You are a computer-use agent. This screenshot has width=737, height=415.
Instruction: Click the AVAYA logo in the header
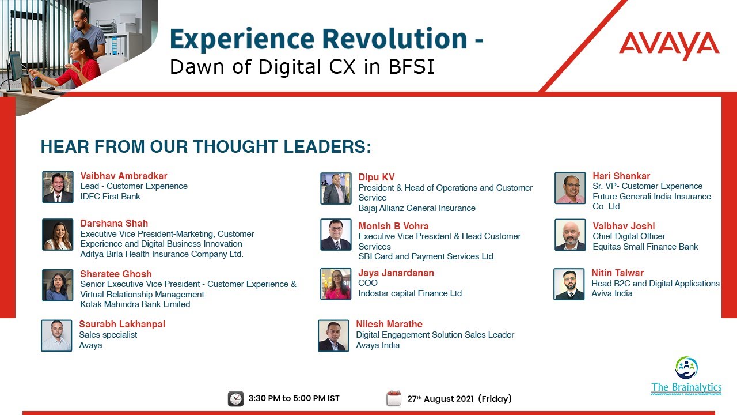coord(669,46)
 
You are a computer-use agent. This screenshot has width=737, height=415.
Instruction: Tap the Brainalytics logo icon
coord(686,368)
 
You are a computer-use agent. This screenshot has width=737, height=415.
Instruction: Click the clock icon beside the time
coord(235,398)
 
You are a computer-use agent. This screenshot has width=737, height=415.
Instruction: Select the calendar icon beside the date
coord(394,398)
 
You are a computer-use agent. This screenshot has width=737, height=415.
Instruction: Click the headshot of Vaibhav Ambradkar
coord(58,187)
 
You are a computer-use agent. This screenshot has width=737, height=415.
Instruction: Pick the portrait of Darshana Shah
coord(58,235)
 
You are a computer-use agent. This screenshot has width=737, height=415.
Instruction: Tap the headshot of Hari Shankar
coord(570,188)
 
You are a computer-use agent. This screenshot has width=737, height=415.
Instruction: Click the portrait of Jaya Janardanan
coord(336,284)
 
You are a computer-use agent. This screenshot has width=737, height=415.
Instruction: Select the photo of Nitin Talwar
coord(569,284)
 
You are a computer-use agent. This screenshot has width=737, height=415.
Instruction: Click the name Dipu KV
coord(377,177)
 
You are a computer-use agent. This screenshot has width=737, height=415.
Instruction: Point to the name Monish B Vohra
coord(393,226)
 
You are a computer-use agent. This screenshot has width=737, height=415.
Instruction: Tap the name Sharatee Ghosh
coord(115,274)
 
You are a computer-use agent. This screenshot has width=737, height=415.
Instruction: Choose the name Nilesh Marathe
coord(389,324)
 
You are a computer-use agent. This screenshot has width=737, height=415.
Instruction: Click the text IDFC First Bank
coord(111,197)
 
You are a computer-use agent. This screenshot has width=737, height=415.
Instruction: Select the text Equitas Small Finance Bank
coord(645,247)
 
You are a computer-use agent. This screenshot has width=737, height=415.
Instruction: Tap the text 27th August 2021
coord(440,399)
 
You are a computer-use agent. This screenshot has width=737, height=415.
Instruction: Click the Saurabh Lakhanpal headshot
coord(56,335)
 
